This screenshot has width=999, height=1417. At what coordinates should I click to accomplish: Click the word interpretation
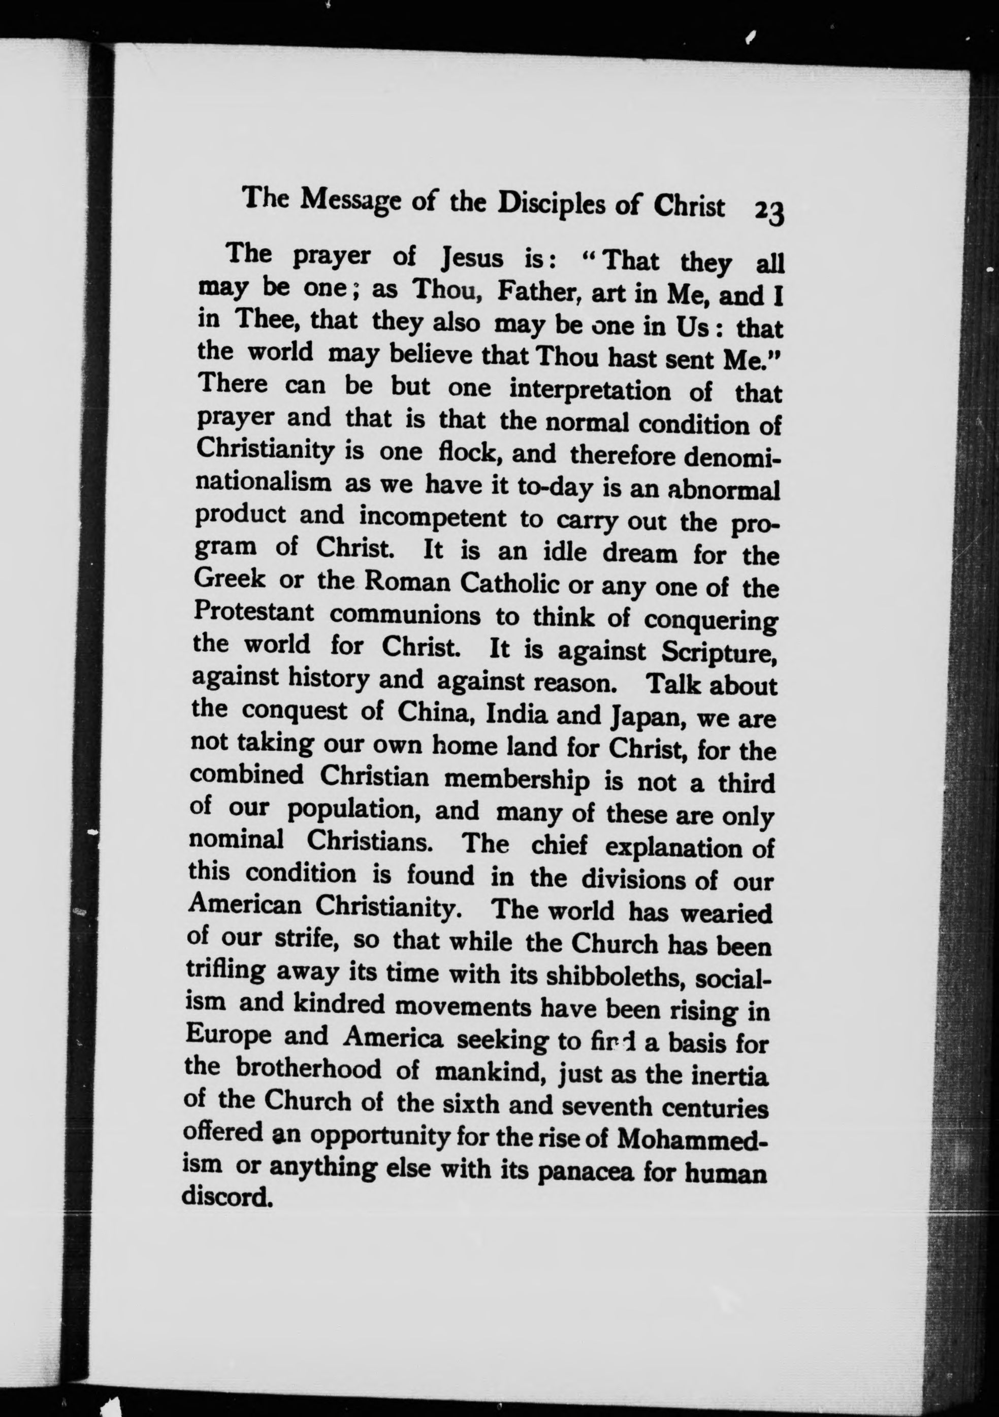pyautogui.click(x=590, y=391)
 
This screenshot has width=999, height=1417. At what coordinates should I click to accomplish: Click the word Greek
pyautogui.click(x=229, y=579)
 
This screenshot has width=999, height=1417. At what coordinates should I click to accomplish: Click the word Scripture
pyautogui.click(x=718, y=652)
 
